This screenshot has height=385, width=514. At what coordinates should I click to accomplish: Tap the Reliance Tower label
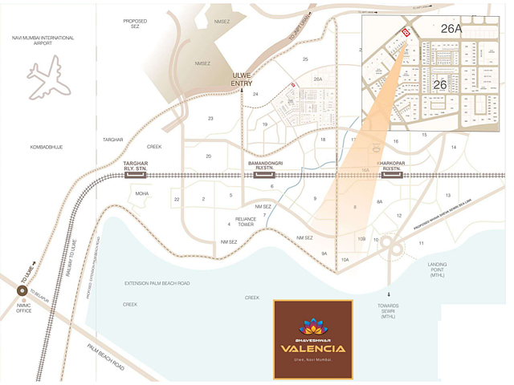coord(245,221)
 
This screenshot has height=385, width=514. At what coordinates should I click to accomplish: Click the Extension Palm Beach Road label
coord(157,283)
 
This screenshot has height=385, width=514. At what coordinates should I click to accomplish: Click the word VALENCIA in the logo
coord(312,348)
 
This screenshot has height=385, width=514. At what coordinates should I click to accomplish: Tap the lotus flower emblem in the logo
coord(312,326)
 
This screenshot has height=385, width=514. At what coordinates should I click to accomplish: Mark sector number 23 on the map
coord(210,119)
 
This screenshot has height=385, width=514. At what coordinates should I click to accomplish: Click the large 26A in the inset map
coord(452,29)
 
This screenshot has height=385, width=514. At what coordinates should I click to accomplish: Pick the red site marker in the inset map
coord(406,32)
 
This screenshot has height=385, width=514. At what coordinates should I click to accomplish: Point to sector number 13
coord(447,195)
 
